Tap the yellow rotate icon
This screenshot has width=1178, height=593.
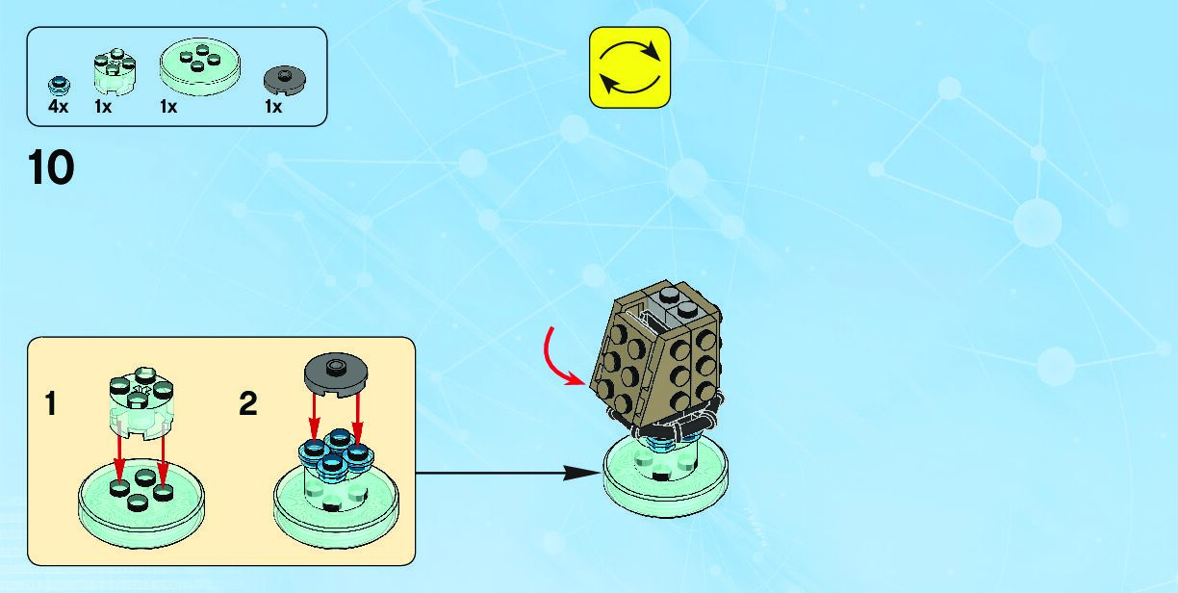pos(628,67)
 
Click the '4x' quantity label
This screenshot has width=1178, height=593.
pos(59,107)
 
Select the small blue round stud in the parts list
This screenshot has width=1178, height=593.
pos(60,82)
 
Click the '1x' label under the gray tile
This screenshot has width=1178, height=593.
pos(273,107)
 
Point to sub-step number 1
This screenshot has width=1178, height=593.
pos(51,405)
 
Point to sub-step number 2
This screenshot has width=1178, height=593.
pos(248,405)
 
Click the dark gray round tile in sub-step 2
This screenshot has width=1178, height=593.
pos(333,374)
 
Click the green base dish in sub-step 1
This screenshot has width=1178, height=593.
pos(141,495)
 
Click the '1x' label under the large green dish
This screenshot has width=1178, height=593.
pos(168,107)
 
